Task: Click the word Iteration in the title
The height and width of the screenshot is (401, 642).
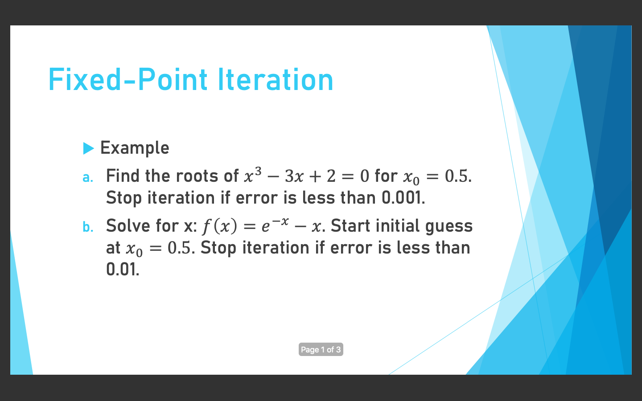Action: (276, 80)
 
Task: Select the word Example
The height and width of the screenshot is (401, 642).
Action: (135, 148)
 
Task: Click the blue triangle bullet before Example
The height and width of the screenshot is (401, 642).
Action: (88, 148)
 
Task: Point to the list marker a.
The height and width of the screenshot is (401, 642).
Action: (88, 178)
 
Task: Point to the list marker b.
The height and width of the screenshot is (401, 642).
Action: (88, 227)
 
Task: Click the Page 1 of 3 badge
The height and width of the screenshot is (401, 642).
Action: (321, 349)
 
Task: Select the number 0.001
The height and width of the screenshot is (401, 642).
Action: (403, 198)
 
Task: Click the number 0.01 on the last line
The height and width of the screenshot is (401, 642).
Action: (123, 270)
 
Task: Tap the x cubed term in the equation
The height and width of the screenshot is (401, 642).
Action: (253, 175)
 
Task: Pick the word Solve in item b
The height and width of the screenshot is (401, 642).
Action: (128, 226)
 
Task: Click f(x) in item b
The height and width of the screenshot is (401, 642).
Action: (219, 226)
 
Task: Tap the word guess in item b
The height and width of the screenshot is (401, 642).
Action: (449, 227)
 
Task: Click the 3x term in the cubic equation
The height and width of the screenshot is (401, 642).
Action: (294, 176)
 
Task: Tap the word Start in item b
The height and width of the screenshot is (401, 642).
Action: (350, 226)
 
